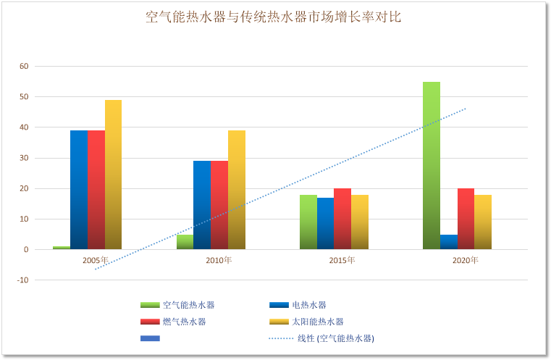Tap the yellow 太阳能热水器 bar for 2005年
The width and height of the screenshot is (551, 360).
113,175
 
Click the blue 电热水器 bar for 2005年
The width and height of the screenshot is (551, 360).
79,190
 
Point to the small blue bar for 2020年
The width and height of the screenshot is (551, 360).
449,242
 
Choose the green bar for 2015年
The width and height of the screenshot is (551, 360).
308,222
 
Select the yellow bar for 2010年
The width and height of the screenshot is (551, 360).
237,190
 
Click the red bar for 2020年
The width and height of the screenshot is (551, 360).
466,219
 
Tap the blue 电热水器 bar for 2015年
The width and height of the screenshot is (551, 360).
326,223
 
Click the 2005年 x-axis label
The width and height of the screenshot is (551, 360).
96,260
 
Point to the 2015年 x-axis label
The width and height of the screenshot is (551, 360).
342,260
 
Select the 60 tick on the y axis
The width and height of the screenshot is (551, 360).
24,67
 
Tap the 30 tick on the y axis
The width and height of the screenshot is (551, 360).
24,158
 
